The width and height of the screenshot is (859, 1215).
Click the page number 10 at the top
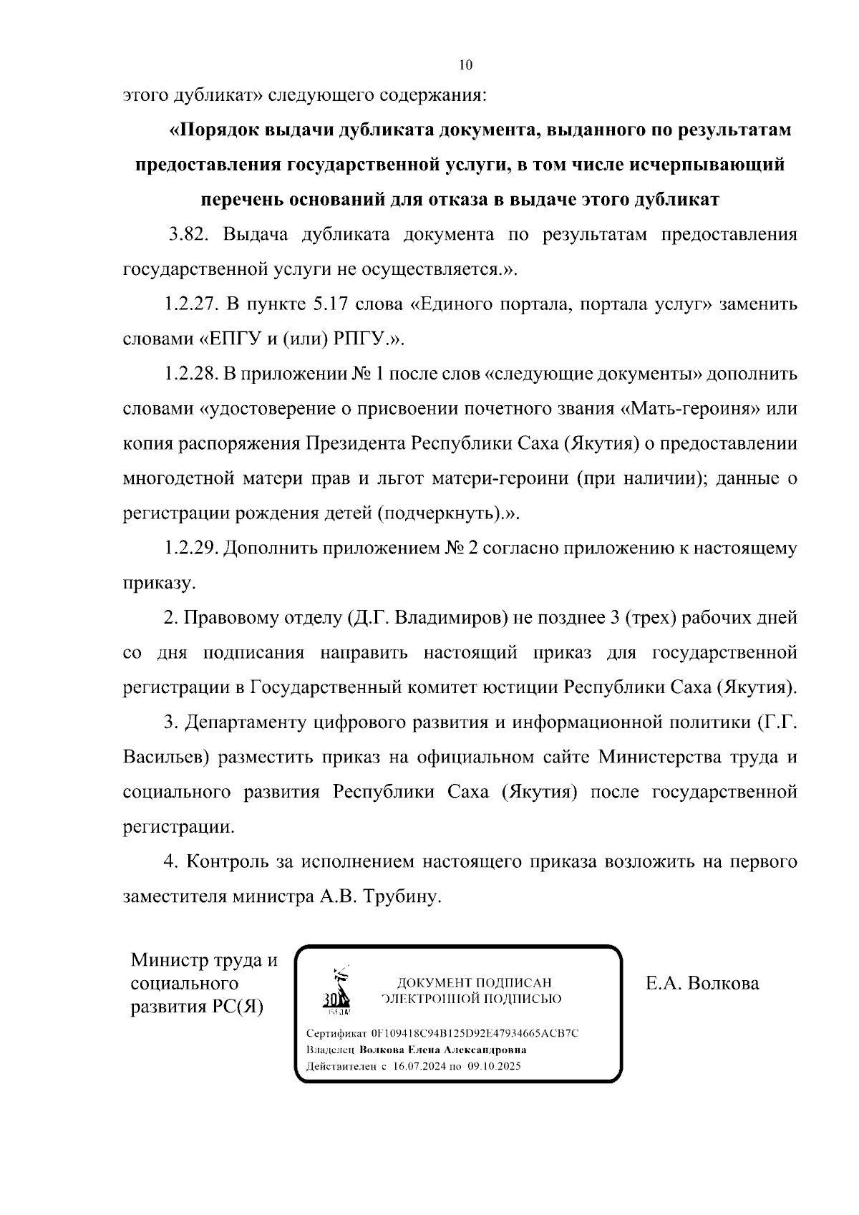(465, 65)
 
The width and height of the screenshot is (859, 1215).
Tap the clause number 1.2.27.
(191, 304)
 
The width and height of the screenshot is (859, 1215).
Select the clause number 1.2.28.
(191, 374)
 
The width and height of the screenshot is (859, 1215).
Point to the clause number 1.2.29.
(191, 548)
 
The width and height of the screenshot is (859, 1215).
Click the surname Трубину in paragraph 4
(402, 896)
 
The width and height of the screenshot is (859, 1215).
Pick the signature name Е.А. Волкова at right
(702, 983)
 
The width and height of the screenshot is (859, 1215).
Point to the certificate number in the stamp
(475, 1033)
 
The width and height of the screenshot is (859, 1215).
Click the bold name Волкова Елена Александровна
(443, 1050)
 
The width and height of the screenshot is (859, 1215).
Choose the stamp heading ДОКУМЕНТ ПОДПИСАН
(475, 983)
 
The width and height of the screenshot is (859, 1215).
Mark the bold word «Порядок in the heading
(213, 130)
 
